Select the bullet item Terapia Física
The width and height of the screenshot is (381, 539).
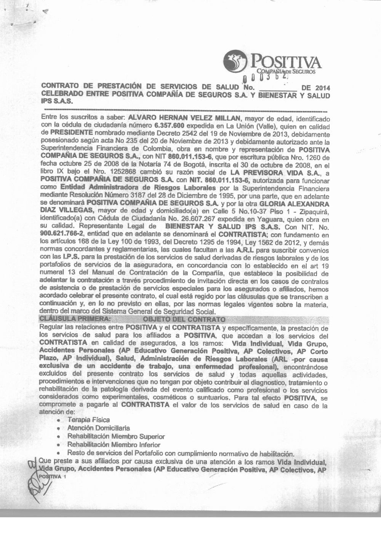tap(88, 419)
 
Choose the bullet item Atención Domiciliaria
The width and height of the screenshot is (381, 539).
tap(98, 428)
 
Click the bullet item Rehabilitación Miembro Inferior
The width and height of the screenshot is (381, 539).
tap(114, 444)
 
